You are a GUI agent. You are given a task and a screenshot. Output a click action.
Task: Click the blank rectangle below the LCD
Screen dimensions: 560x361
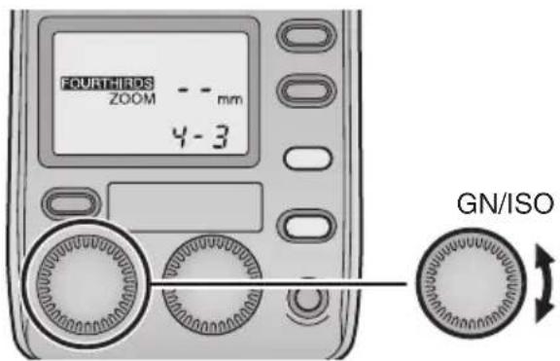pos(185,205)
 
